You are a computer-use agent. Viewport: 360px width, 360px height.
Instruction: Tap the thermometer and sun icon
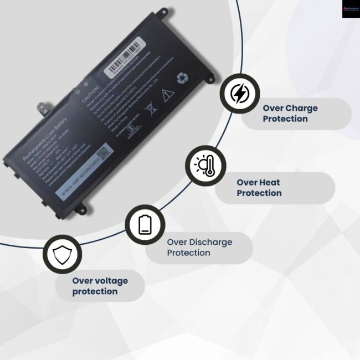pos(205,166)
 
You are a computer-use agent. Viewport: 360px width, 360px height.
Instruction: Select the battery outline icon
pos(145,224)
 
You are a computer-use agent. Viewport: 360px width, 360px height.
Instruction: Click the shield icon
pos(61,254)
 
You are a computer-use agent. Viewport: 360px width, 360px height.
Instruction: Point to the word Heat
pos(269,182)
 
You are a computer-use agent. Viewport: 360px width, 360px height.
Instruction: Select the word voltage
pos(109,281)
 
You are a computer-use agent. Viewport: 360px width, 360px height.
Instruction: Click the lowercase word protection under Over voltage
pos(95,291)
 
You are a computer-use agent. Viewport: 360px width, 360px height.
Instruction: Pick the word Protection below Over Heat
pos(259,193)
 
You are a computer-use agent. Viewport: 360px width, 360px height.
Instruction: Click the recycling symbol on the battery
pos(182,79)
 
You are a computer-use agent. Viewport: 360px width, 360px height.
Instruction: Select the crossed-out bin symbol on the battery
pos(150,106)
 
